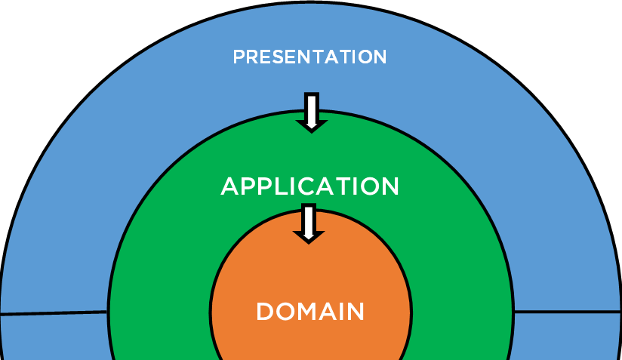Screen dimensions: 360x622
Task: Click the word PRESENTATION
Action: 309,57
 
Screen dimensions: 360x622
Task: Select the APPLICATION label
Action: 309,186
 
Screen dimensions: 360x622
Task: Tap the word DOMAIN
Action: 310,312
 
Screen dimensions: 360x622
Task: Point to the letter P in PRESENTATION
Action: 239,57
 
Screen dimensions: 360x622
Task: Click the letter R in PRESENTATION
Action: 252,57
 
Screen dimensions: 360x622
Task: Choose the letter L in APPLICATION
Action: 276,186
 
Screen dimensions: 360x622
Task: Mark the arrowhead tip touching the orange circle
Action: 308,241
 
